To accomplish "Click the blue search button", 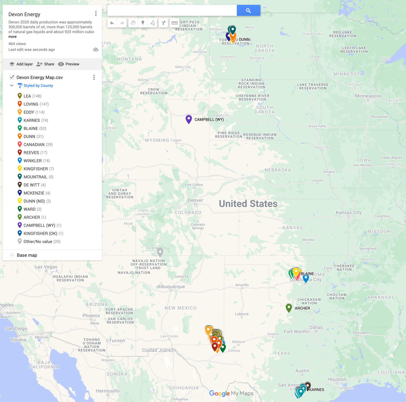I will pyautogui.click(x=248, y=11).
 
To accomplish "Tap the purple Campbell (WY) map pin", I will pyautogui.click(x=189, y=119).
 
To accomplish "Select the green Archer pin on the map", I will pyautogui.click(x=289, y=308).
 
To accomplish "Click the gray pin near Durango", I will pyautogui.click(x=160, y=252).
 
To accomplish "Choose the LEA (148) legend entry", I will pyautogui.click(x=32, y=96).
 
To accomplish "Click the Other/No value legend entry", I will pyautogui.click(x=42, y=242).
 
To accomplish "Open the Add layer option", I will pyautogui.click(x=21, y=64).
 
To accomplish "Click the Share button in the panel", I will pyautogui.click(x=45, y=64).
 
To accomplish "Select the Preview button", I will pyautogui.click(x=69, y=64).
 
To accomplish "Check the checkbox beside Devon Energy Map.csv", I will pyautogui.click(x=12, y=77).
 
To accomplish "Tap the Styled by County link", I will pyautogui.click(x=38, y=86).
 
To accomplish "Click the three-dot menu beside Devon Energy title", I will pyautogui.click(x=96, y=13).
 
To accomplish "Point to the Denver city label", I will pyautogui.click(x=195, y=200).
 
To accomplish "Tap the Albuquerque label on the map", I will pyautogui.click(x=171, y=286).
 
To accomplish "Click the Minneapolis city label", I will pyautogui.click(x=368, y=96).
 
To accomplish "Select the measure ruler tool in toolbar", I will pyautogui.click(x=174, y=23).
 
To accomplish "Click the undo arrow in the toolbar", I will pyautogui.click(x=112, y=23).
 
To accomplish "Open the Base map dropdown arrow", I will pyautogui.click(x=12, y=255).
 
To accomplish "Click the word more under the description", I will pyautogui.click(x=12, y=37).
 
